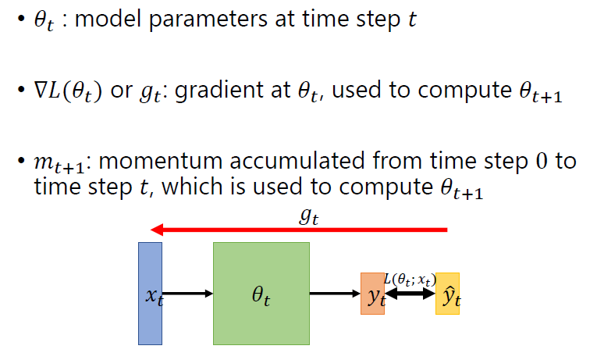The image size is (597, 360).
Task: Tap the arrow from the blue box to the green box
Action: [187, 294]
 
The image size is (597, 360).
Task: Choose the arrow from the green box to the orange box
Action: [335, 294]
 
